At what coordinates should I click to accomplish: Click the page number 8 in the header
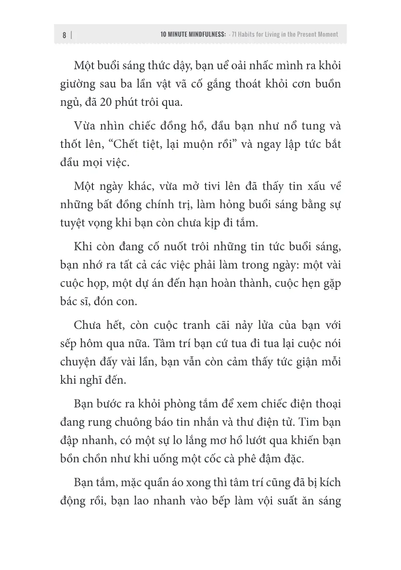[64, 35]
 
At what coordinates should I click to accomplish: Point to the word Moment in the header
[327, 35]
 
